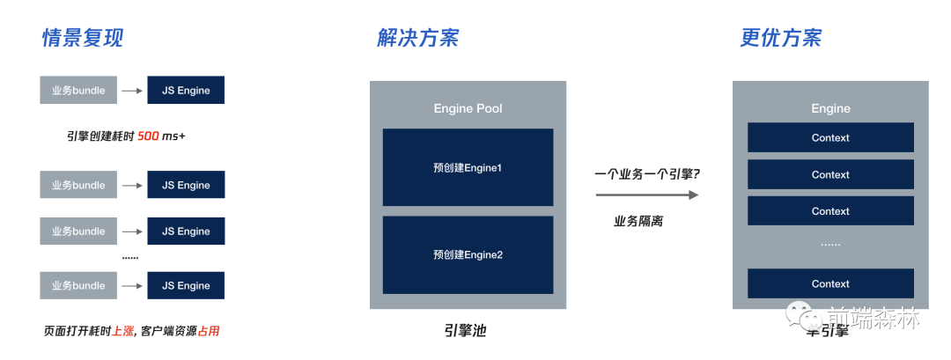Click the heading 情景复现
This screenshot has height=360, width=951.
coord(83,38)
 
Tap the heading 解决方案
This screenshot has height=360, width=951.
coord(417,38)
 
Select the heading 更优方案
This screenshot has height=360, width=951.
coord(781,38)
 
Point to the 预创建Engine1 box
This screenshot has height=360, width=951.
coord(468,167)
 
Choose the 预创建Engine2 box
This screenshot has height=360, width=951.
coord(468,254)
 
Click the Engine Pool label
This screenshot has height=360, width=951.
coord(468,108)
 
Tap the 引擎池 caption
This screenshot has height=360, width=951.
coord(465,331)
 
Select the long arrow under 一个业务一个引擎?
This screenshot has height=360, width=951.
coord(646,195)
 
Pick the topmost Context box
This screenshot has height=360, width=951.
coord(830,137)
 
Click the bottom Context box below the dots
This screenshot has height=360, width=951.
coord(830,283)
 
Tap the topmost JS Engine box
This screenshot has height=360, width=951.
coord(186,90)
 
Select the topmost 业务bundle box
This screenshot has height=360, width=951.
coord(78,90)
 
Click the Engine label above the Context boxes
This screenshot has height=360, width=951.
coord(830,108)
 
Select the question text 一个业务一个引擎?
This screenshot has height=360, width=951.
coord(646,173)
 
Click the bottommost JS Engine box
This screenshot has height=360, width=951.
coord(186,285)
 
